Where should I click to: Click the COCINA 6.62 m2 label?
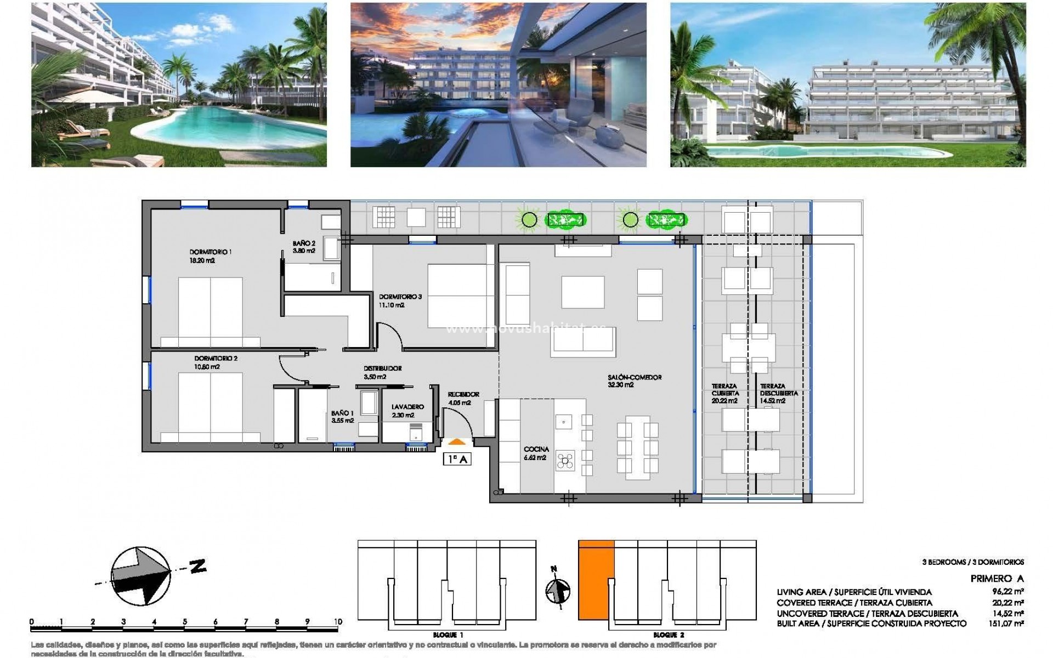pyautogui.click(x=536, y=453)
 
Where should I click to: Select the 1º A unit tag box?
pyautogui.click(x=456, y=460)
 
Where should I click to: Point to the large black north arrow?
pyautogui.click(x=141, y=576)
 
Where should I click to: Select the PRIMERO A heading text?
pyautogui.click(x=997, y=578)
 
